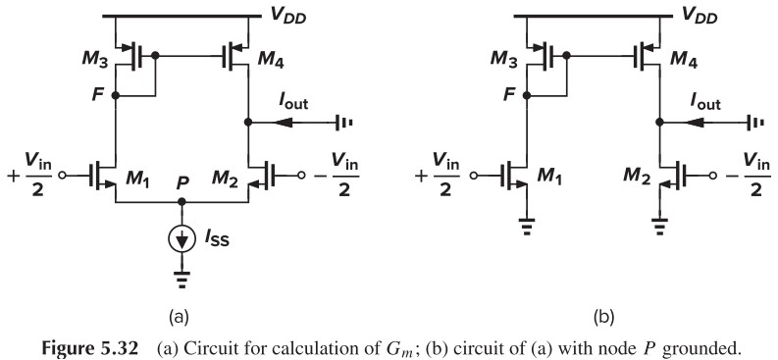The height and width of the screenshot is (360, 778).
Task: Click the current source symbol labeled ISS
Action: point(181,236)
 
